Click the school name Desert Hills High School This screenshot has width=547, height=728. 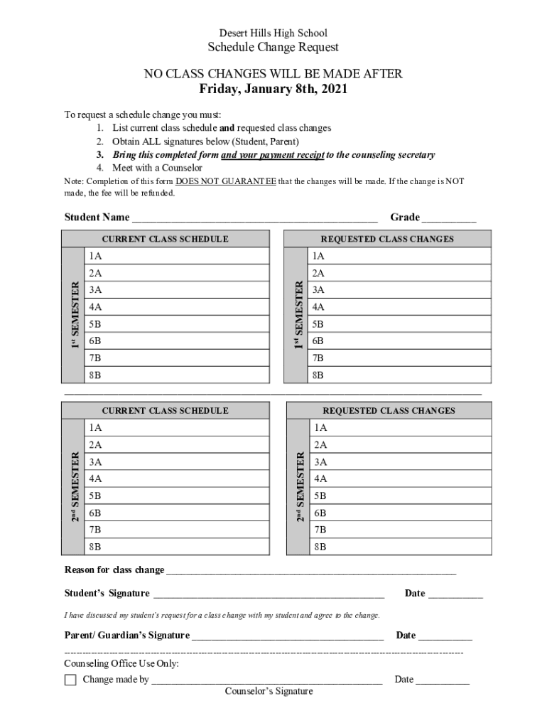[273, 33]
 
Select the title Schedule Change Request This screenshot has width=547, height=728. [273, 48]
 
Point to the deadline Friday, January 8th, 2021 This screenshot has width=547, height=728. [273, 90]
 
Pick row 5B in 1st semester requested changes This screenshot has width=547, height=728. [399, 324]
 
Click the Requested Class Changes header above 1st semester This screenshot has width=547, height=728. [387, 239]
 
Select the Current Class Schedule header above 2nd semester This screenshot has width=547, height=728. [165, 411]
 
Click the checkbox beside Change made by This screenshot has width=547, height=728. [70, 680]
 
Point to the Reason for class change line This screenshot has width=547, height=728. [310, 571]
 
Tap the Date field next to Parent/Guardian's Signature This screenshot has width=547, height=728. [445, 636]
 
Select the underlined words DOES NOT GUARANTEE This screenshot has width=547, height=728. [226, 181]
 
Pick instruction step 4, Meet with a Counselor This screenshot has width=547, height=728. [157, 168]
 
